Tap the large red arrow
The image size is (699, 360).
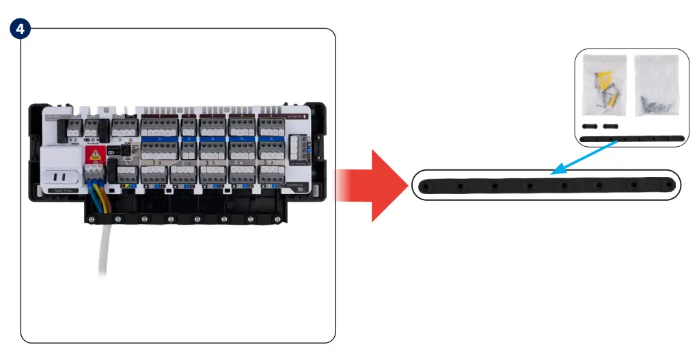366,185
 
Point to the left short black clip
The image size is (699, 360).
590,127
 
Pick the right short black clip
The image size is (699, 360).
610,127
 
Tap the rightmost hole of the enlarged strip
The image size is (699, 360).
669,184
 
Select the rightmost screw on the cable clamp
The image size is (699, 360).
278,219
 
